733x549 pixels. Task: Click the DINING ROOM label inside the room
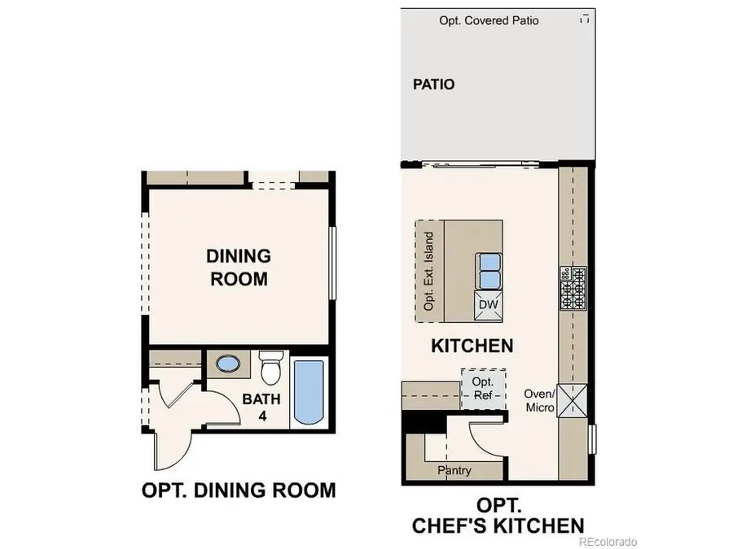238,268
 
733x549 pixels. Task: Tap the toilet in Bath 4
270,368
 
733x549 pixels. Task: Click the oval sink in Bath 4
233,364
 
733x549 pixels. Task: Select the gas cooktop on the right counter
572,288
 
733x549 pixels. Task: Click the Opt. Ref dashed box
484,388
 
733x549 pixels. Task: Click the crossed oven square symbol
572,399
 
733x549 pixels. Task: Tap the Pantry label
454,470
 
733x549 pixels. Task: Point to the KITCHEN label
472,346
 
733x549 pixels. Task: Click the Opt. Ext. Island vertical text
429,271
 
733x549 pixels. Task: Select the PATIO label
433,84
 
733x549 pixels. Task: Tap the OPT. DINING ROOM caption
238,490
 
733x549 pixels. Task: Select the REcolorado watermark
608,541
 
